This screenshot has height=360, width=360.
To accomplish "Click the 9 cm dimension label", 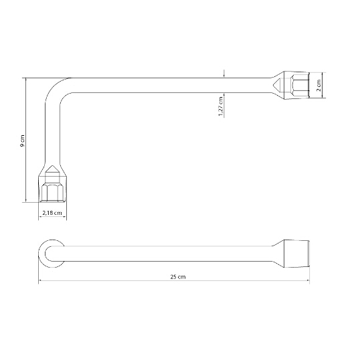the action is coord(22,141).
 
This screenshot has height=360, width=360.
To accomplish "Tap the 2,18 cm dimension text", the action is coord(52,213).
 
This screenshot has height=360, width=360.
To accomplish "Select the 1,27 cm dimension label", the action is coord(221,106).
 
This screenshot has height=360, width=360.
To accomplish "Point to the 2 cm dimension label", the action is coord(319,85).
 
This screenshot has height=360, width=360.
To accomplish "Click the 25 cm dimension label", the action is coord(178,277).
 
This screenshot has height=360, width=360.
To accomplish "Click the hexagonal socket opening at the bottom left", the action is coord(52,193).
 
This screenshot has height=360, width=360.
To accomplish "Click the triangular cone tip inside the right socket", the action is coord(276,85).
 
